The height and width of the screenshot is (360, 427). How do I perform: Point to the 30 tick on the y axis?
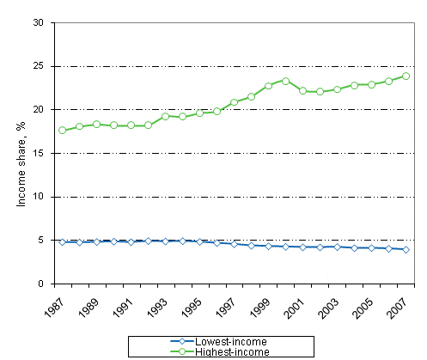click(x=39, y=22)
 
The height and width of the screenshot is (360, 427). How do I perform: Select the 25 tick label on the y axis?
click(x=39, y=66)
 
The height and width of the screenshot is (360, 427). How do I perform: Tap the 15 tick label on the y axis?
click(x=39, y=153)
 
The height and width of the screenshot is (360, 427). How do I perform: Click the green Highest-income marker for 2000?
click(x=285, y=81)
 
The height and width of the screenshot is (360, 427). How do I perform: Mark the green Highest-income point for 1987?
click(x=62, y=131)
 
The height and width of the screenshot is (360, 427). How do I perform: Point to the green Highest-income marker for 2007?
click(x=406, y=76)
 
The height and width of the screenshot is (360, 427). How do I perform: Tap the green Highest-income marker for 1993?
click(x=165, y=116)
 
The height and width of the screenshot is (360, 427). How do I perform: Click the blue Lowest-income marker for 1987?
click(x=62, y=242)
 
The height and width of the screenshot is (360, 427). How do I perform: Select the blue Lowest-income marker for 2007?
click(x=406, y=249)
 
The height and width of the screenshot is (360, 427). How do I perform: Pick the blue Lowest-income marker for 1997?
click(x=234, y=244)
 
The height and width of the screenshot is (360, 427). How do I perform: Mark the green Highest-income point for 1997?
click(x=234, y=102)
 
